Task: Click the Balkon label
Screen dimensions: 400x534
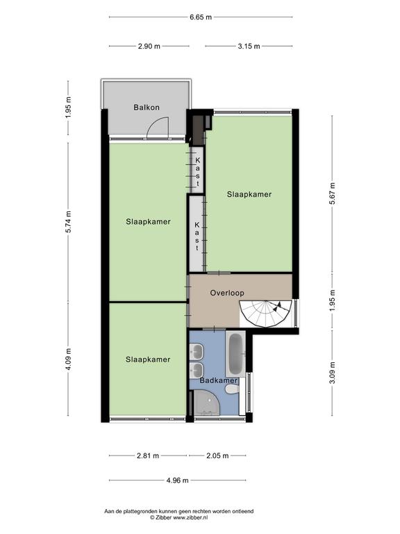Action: [x=147, y=107]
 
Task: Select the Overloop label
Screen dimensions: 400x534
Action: [x=227, y=293]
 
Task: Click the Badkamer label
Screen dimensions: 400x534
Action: [x=218, y=380]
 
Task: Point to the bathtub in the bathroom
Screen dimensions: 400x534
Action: [x=235, y=353]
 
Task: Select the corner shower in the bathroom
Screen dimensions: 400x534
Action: [x=205, y=403]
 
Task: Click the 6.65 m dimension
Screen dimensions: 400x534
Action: [x=201, y=17]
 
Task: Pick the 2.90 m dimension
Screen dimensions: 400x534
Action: [x=149, y=47]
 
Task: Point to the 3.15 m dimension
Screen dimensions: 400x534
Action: [x=249, y=47]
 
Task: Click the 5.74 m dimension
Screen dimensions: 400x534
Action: [x=68, y=222]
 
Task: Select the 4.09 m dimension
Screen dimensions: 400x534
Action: [x=68, y=359]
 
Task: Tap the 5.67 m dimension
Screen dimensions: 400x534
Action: [x=333, y=193]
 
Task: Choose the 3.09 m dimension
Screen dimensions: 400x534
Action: [x=333, y=372]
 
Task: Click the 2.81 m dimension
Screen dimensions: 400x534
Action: [x=148, y=455]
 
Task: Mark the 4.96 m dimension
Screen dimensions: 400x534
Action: [x=177, y=480]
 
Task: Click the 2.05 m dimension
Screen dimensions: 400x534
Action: [x=217, y=455]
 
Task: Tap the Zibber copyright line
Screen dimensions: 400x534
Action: [x=179, y=517]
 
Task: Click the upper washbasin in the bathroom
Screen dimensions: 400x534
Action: [x=197, y=350]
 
